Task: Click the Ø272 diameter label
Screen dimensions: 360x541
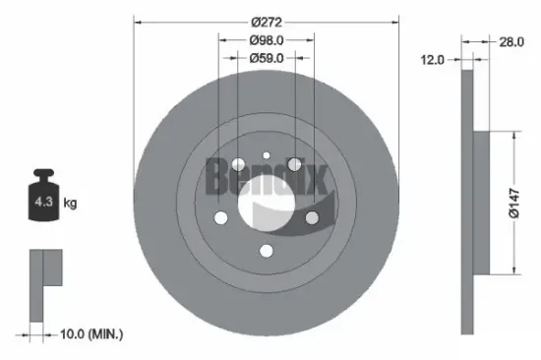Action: (x=267, y=21)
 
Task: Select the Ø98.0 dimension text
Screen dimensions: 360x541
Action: (x=267, y=40)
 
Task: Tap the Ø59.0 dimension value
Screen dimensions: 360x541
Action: (x=267, y=59)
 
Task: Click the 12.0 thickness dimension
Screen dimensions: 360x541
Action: (x=433, y=60)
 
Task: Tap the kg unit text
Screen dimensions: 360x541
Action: (x=71, y=204)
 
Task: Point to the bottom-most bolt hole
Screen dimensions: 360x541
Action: (x=267, y=252)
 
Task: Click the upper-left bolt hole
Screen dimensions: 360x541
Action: (x=238, y=163)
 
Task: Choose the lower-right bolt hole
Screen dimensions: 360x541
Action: (x=313, y=218)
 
